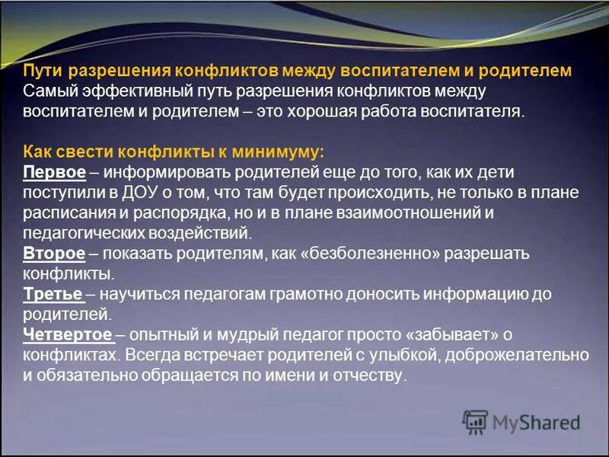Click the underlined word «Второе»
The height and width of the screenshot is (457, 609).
pos(53,253)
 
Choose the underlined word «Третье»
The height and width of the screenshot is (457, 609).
pos(53,292)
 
